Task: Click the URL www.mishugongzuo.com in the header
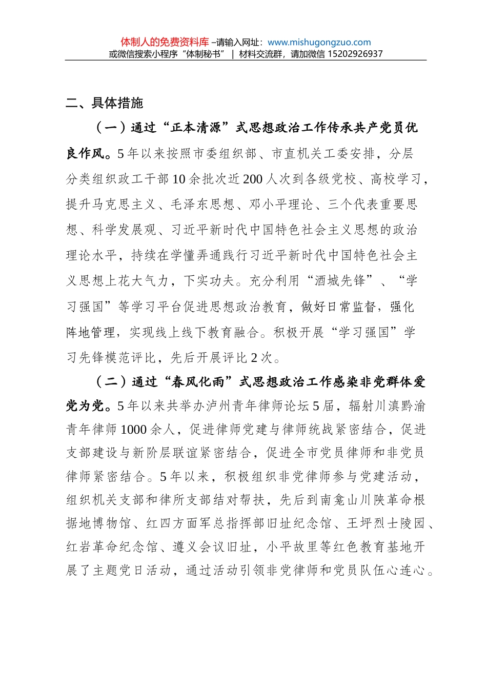319,43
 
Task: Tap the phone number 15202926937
354,54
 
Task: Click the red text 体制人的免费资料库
165,42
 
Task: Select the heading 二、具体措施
105,103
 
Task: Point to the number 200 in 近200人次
252,179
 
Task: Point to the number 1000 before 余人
134,429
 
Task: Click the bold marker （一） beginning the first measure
111,128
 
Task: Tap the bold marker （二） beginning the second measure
111,382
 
